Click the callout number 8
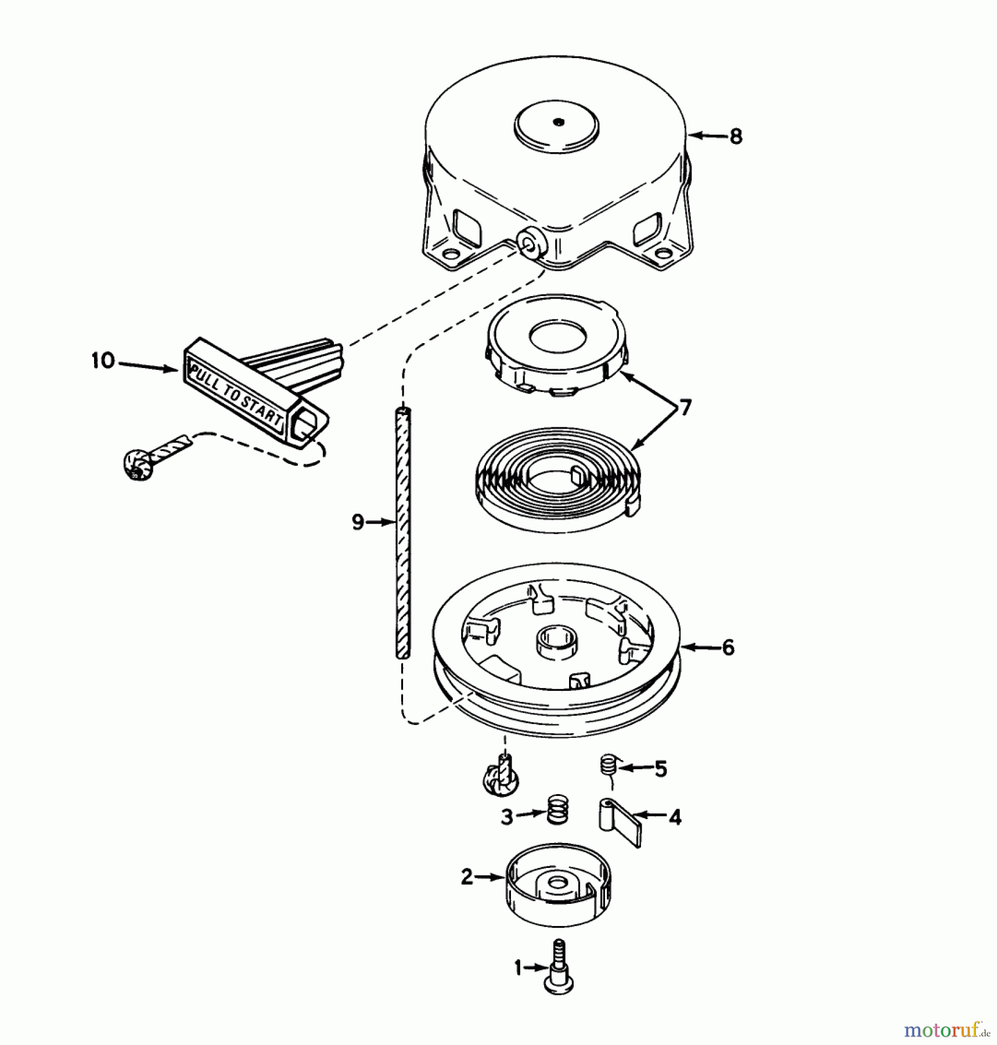click(x=735, y=136)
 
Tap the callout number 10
click(x=103, y=361)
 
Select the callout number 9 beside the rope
click(x=358, y=522)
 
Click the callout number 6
click(x=728, y=647)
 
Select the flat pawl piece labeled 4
click(x=619, y=821)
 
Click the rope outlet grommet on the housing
click(x=530, y=246)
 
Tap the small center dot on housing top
click(x=558, y=122)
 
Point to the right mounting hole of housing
click(x=661, y=253)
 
